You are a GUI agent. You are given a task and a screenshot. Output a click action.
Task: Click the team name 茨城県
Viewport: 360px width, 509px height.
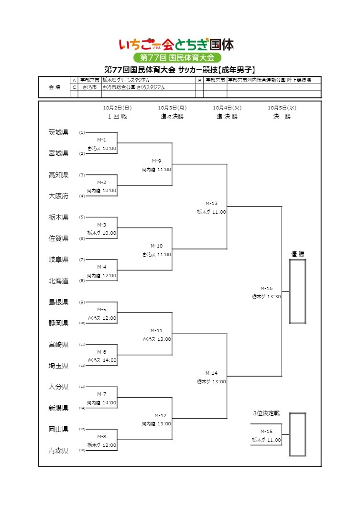58,132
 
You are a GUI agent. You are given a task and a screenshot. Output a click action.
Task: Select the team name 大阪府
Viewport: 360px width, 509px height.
58,196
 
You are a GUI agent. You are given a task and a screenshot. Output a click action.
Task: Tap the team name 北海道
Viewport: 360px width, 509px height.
58,281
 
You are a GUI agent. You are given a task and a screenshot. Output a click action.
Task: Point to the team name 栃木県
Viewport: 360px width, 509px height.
58,217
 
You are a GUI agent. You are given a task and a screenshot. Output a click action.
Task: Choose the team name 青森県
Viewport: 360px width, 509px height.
58,450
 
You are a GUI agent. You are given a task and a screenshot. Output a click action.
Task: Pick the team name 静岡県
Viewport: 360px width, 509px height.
58,323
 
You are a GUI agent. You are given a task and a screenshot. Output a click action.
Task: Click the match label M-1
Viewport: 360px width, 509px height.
101,140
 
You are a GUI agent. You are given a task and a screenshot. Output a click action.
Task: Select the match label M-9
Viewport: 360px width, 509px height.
156,161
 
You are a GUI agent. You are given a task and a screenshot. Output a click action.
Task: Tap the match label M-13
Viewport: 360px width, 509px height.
211,203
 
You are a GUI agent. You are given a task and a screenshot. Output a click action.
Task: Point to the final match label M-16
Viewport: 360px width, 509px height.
266,288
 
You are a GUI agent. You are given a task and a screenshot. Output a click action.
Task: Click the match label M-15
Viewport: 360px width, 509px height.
266,431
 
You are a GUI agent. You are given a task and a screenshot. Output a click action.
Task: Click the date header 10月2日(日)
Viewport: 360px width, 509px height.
117,108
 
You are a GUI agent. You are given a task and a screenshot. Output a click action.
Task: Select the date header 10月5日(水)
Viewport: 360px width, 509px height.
282,108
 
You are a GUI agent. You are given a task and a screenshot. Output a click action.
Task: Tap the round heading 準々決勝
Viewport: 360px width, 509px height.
172,117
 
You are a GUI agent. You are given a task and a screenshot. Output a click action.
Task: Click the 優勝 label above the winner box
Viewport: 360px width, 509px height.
297,254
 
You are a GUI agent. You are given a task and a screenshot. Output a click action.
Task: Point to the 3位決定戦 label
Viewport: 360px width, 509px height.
266,413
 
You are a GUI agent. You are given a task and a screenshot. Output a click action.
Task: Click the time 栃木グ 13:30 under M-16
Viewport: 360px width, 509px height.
266,296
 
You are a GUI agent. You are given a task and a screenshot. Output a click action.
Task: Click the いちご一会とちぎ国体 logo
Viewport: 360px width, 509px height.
176,45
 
